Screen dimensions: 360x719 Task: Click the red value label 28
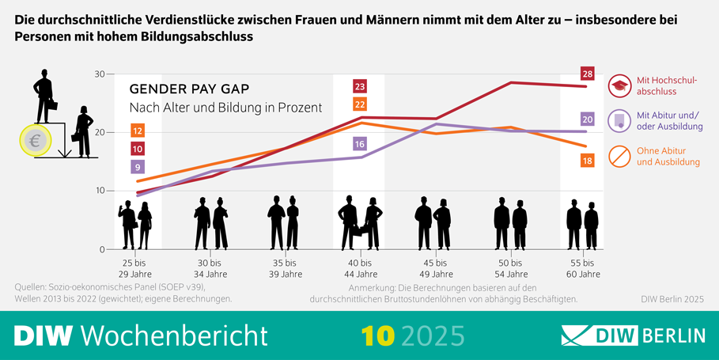tap(587, 74)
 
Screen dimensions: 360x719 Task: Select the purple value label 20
tap(587, 119)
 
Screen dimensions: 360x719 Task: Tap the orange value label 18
tap(587, 161)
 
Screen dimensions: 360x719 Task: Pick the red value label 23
tap(360, 86)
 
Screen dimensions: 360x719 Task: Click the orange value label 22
tap(360, 104)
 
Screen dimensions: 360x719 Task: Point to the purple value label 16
tap(360, 144)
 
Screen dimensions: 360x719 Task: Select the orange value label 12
tap(138, 131)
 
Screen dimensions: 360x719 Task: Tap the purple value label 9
tap(138, 167)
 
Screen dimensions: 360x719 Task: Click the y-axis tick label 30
tap(99, 74)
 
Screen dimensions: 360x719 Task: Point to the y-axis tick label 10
tap(99, 191)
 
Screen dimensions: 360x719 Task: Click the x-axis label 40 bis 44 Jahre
tap(360, 268)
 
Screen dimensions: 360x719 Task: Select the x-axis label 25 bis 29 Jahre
tap(134, 268)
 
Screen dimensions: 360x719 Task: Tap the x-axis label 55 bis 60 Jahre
tap(585, 268)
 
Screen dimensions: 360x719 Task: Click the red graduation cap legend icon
tap(619, 85)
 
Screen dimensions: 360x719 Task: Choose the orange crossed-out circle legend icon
tap(619, 157)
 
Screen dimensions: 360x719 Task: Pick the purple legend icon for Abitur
tap(619, 120)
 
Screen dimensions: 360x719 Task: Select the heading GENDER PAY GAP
tap(181, 89)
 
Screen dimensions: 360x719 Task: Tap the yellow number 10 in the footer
tap(378, 335)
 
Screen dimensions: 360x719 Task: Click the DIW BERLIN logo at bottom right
tap(633, 335)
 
